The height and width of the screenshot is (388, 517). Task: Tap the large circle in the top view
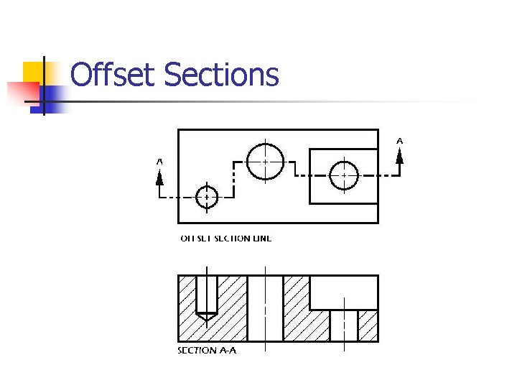pos(266,162)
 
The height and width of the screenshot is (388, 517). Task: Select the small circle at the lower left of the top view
pos(207,196)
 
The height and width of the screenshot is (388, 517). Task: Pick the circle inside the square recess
pos(344,175)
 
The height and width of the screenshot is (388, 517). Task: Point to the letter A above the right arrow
pos(400,141)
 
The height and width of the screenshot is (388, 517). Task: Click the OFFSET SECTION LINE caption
pos(225,238)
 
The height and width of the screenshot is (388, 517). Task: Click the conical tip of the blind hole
pos(207,315)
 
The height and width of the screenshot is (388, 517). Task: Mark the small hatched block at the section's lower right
pos(368,325)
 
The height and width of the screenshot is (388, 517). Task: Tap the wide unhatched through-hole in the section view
pos(265,309)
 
